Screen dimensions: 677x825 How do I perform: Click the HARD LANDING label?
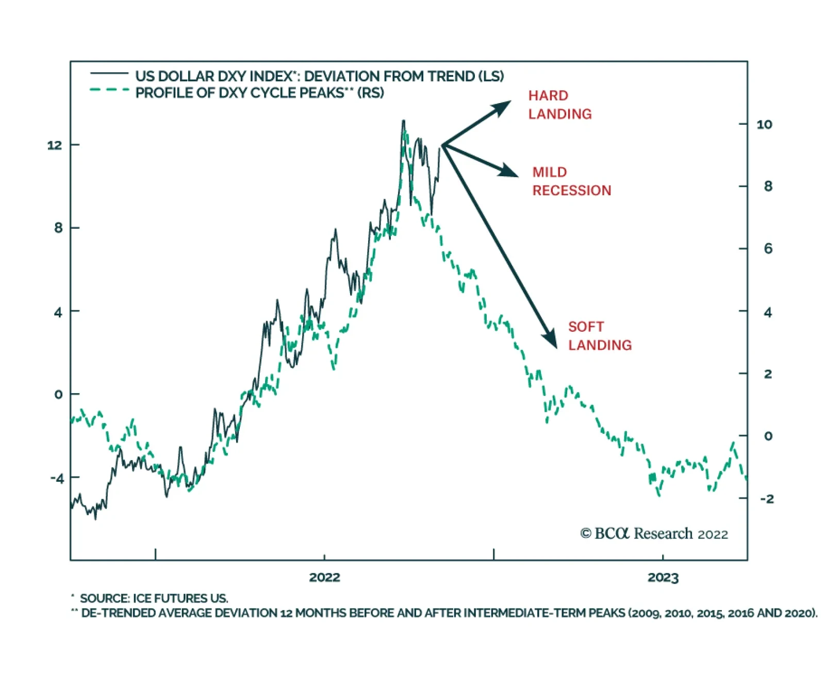click(x=559, y=105)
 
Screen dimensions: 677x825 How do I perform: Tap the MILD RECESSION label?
click(x=571, y=181)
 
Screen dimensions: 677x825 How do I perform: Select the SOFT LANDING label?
click(x=600, y=336)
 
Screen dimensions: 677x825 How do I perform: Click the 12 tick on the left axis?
click(x=54, y=145)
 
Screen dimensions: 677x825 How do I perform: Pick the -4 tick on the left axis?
click(x=57, y=478)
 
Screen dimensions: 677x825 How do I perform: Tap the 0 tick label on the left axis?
click(x=58, y=395)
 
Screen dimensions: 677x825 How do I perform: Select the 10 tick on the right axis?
click(x=764, y=125)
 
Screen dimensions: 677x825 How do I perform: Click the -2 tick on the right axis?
click(x=766, y=499)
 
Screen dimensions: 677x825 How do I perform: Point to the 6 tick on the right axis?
click(x=768, y=249)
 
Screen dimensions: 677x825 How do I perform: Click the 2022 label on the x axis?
click(x=324, y=577)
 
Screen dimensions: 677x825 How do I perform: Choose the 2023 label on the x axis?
click(x=663, y=577)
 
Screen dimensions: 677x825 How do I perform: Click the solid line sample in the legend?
click(x=109, y=74)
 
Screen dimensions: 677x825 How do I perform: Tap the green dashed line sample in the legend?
click(x=109, y=90)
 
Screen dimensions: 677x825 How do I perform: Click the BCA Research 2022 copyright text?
click(x=654, y=534)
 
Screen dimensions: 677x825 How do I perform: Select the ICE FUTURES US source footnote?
click(x=154, y=598)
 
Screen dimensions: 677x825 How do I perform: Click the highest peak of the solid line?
click(x=404, y=121)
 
